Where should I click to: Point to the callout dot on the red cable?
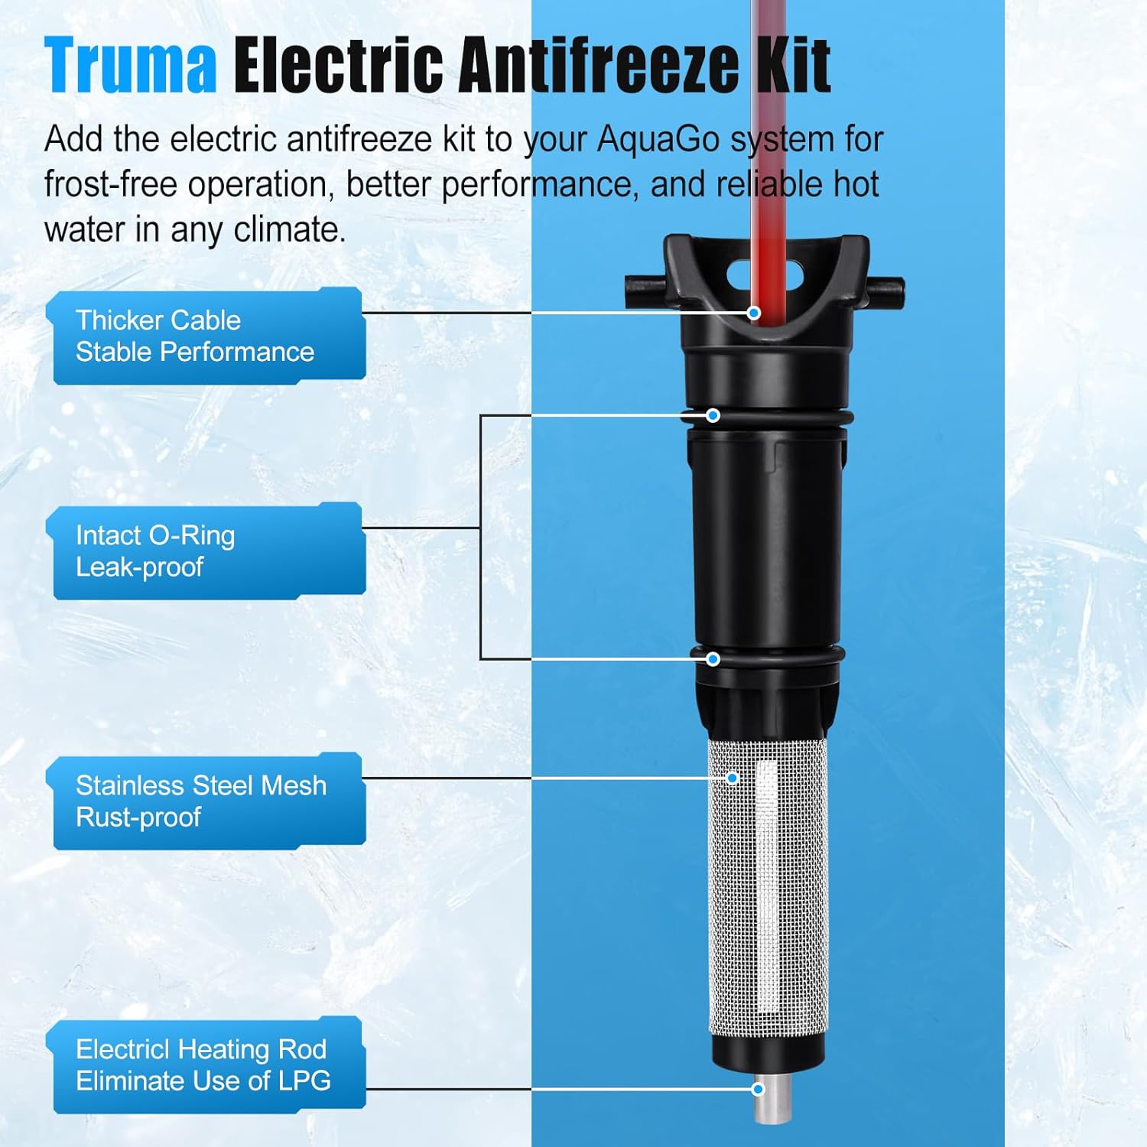click(x=754, y=313)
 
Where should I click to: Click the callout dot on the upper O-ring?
click(x=713, y=415)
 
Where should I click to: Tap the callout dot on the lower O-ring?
click(x=713, y=658)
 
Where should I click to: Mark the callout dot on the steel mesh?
click(x=732, y=778)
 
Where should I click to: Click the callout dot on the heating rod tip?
click(x=758, y=1089)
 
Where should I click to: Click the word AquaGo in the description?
click(x=658, y=140)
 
